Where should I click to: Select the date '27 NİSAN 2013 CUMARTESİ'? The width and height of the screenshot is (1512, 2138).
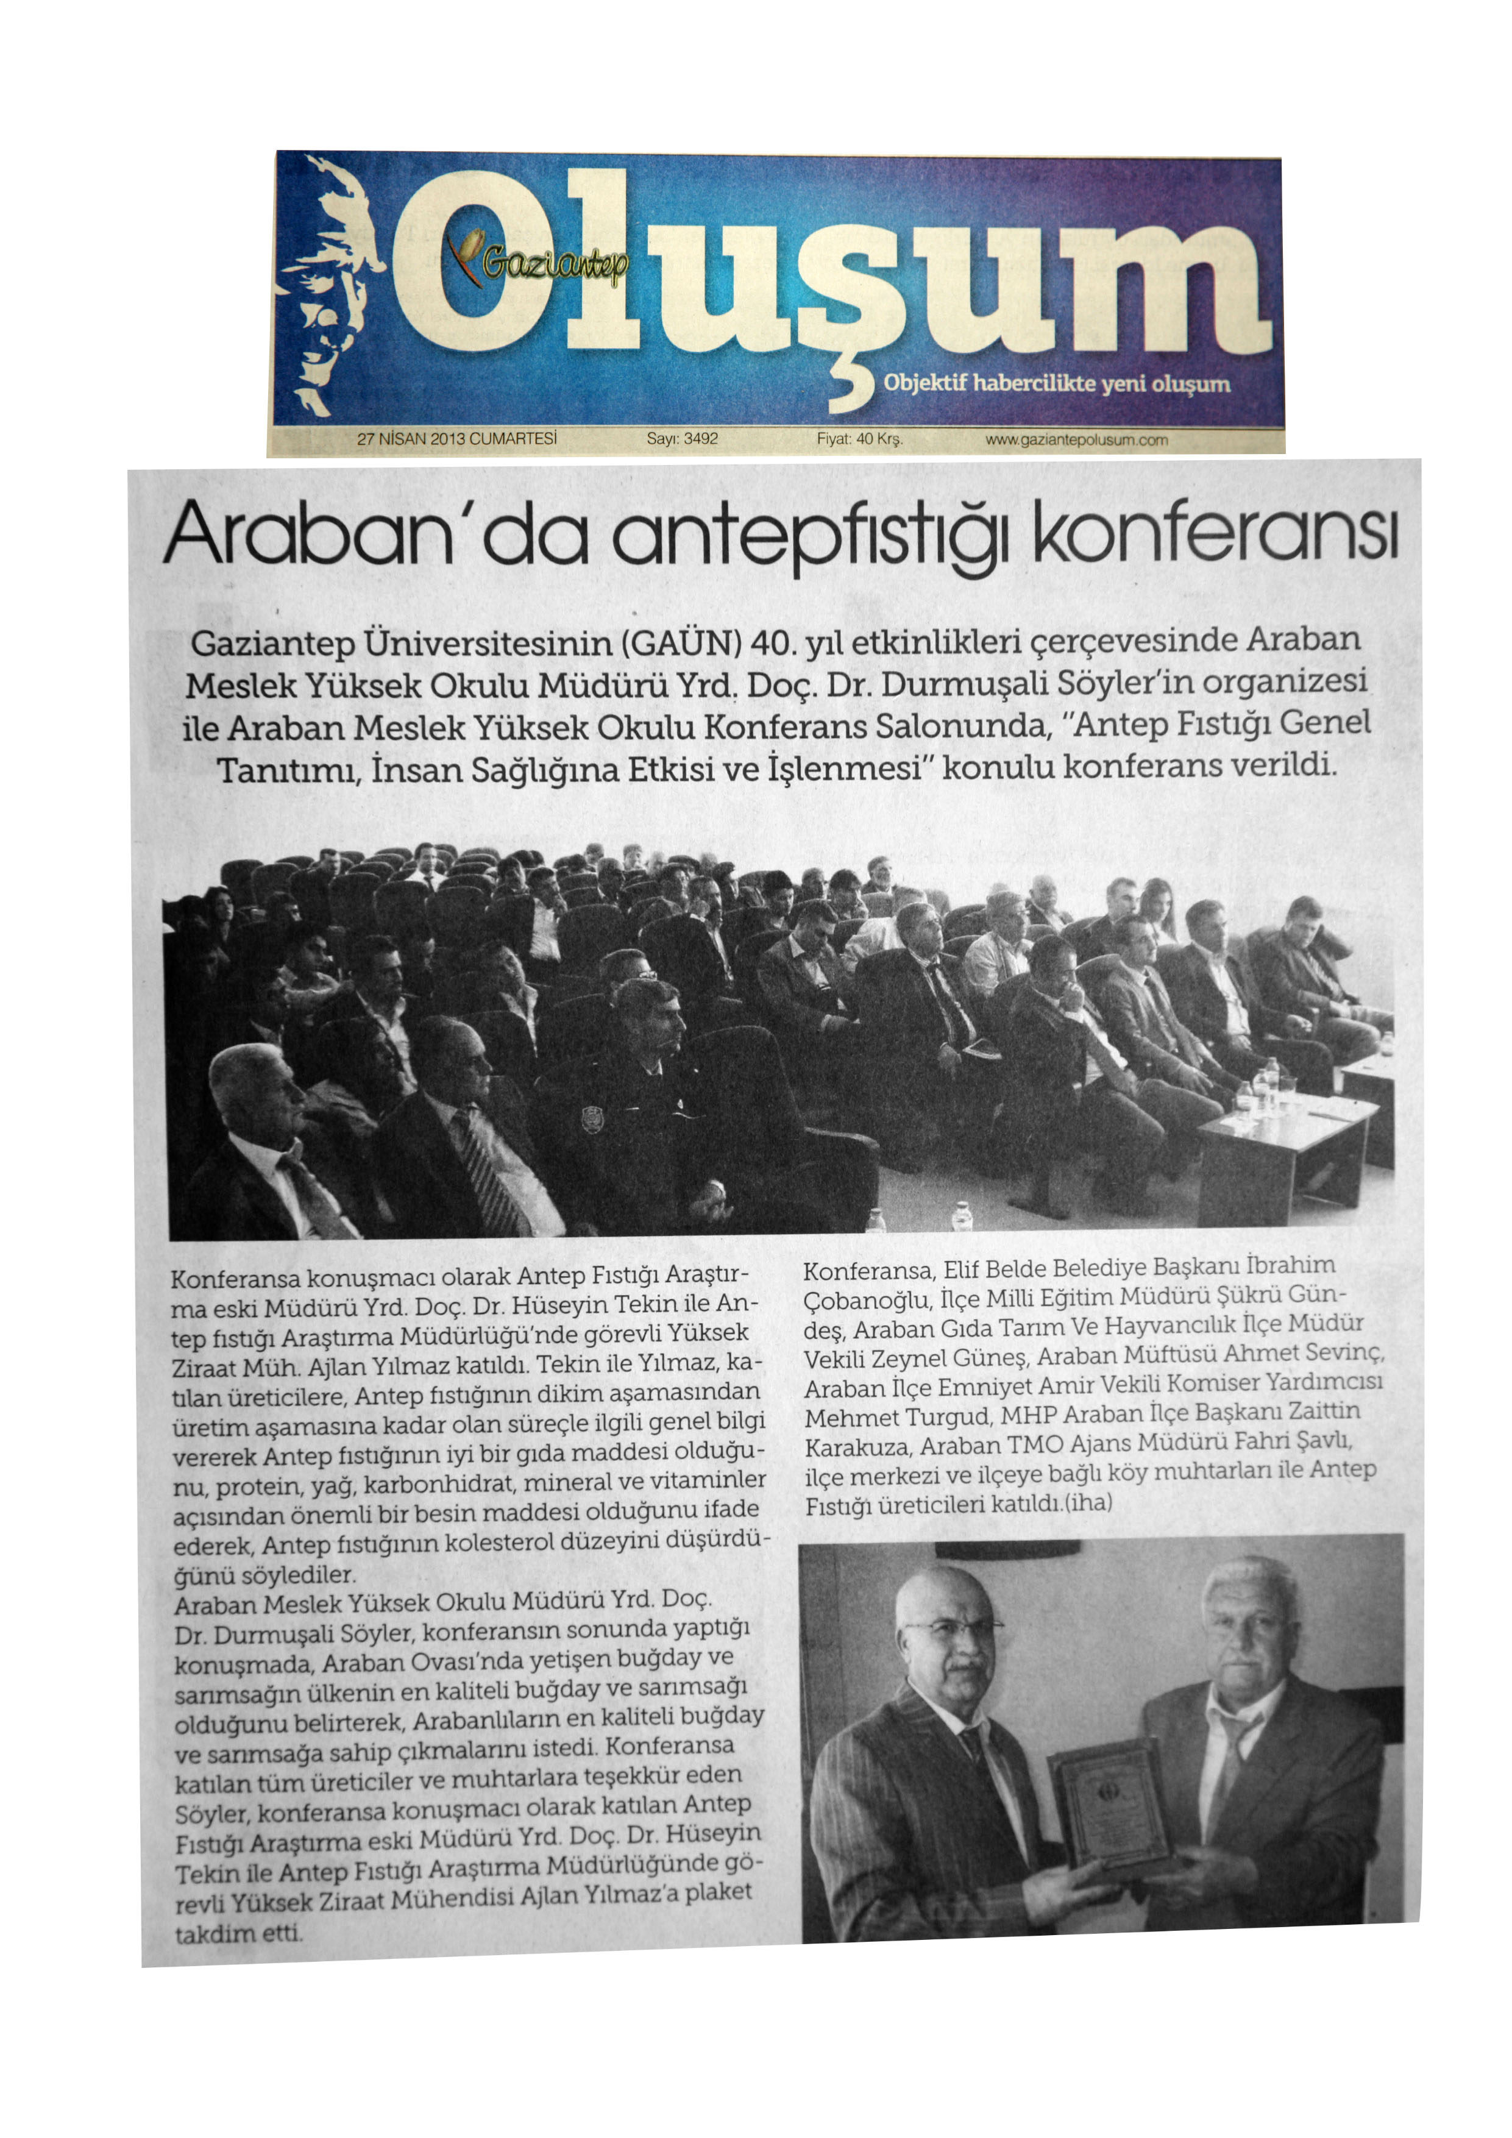click(456, 439)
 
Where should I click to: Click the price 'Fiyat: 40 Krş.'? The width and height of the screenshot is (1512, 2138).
click(859, 439)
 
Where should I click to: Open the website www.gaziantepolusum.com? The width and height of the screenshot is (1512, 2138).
click(1076, 439)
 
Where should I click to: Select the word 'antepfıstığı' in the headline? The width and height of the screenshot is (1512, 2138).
click(809, 538)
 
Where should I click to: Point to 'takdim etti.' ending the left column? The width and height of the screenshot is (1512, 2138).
click(238, 1934)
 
